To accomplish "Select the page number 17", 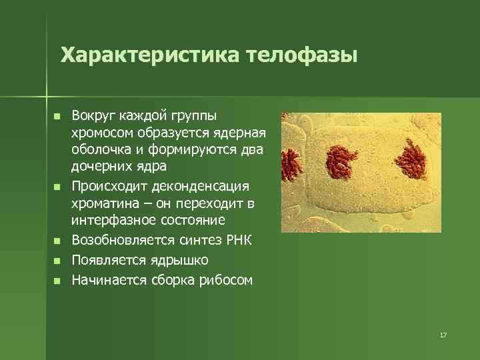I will pyautogui.click(x=443, y=335).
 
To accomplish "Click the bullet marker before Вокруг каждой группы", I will pyautogui.click(x=57, y=116).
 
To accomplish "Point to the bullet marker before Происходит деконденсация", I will pyautogui.click(x=57, y=185).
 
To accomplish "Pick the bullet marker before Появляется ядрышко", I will pyautogui.click(x=57, y=260).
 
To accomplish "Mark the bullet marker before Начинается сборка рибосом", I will pyautogui.click(x=57, y=280).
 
